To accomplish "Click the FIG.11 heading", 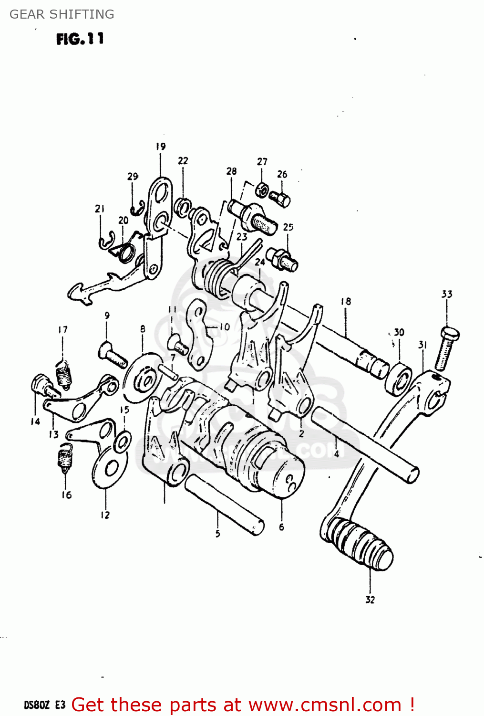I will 80,39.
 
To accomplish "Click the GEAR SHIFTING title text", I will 62,14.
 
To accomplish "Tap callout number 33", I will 447,294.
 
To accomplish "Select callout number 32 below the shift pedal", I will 370,600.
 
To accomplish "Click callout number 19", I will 160,147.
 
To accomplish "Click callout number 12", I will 105,515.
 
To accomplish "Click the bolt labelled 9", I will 113,355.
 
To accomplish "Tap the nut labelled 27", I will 261,190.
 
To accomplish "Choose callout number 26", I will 282,174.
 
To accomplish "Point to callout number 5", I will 217,533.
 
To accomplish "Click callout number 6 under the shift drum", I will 281,527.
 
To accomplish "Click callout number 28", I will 231,171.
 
